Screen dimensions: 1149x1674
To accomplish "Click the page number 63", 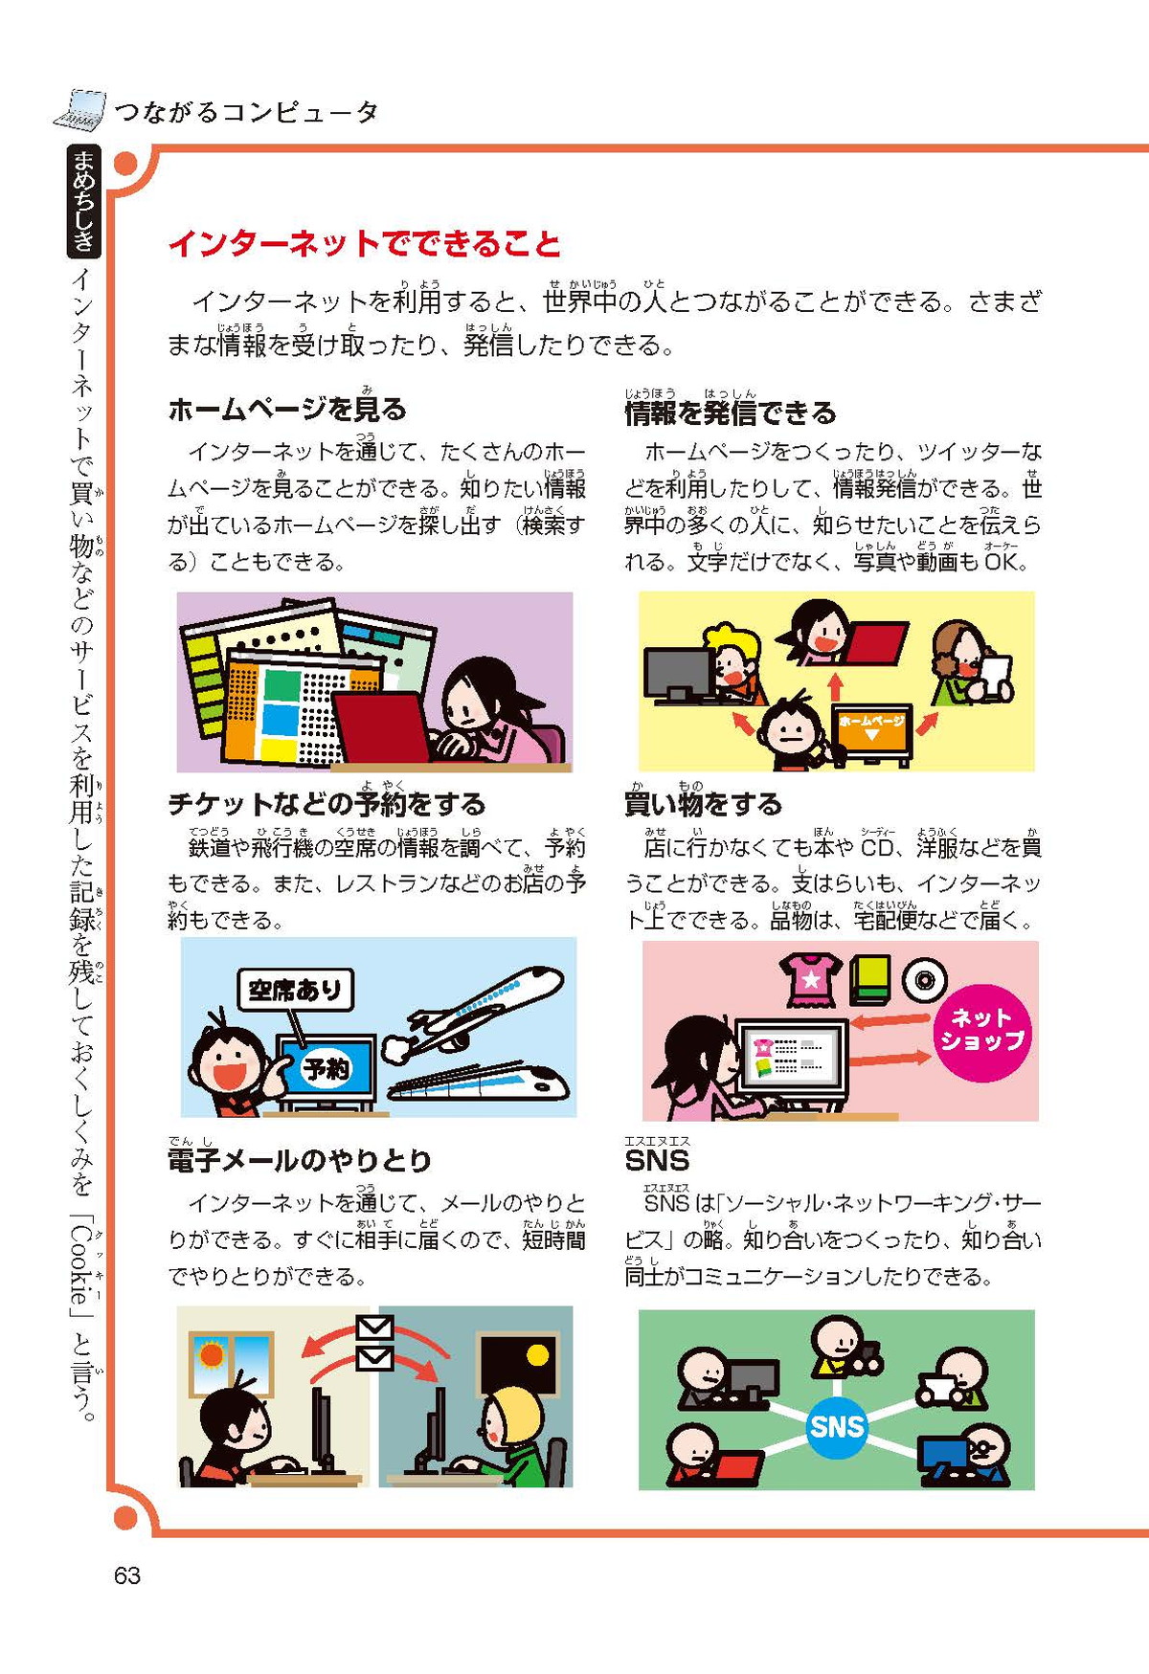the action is (x=127, y=1575).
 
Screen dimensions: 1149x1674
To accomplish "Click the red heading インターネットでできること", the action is (x=365, y=243).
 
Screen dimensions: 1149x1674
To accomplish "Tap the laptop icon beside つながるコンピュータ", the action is (x=79, y=110).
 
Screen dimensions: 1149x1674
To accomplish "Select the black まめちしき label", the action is (x=84, y=201).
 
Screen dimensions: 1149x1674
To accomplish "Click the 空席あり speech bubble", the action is (x=295, y=990).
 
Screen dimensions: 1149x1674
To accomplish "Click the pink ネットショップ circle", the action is (x=982, y=1030).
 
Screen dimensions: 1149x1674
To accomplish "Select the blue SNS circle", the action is (x=837, y=1427).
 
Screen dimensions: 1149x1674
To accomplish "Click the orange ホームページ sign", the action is (x=871, y=728).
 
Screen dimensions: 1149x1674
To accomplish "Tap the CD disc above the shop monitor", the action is (x=924, y=981).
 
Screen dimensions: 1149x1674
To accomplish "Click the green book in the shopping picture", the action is (x=870, y=981).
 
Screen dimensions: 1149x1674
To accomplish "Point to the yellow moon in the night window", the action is (x=537, y=1355).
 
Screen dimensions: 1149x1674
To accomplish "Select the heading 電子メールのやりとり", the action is (x=300, y=1161).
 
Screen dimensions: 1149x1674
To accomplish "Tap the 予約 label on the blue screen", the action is (x=327, y=1068).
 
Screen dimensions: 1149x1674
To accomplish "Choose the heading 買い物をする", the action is (x=704, y=804).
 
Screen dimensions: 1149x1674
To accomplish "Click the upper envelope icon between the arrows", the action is (x=374, y=1328).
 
